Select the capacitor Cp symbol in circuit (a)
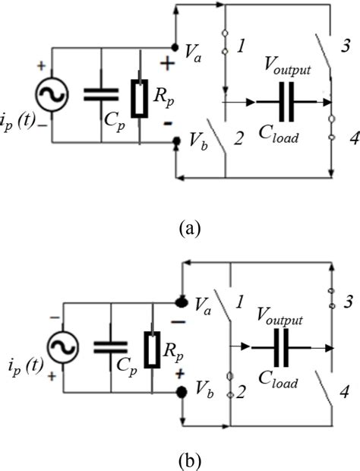100,94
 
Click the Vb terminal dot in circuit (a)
177,141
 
